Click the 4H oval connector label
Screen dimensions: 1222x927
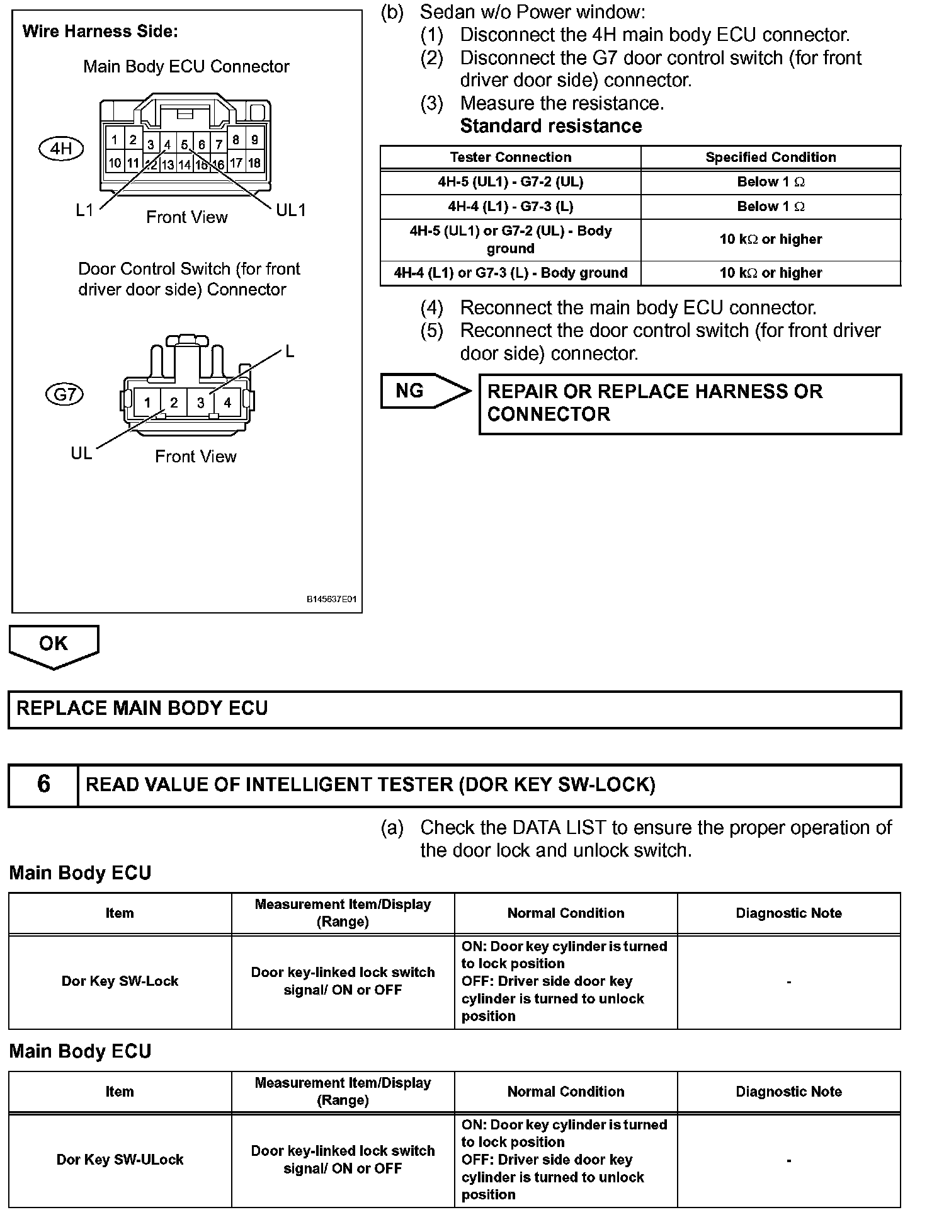click(61, 149)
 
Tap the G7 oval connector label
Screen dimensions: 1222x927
click(65, 394)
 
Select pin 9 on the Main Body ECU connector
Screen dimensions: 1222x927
click(254, 140)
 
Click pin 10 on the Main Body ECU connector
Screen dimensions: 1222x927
click(115, 163)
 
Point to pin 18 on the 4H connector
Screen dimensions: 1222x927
click(254, 163)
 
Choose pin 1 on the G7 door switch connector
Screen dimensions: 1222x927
click(147, 403)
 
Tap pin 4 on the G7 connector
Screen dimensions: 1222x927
click(227, 403)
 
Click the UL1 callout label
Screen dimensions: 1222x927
click(290, 210)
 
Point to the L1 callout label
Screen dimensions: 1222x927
click(84, 210)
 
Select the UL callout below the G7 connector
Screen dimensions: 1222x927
click(81, 453)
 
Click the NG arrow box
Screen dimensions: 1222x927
click(422, 391)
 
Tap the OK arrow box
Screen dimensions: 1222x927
click(54, 644)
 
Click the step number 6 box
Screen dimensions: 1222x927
click(43, 784)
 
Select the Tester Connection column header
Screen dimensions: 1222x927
click(510, 157)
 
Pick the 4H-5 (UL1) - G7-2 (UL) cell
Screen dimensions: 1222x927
click(510, 182)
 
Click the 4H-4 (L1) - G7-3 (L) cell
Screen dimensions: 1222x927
click(510, 207)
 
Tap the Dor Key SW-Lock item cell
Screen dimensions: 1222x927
click(120, 981)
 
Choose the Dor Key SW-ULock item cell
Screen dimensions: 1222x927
click(120, 1159)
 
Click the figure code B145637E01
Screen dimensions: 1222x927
click(331, 599)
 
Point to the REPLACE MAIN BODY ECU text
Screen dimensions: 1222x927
click(142, 709)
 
